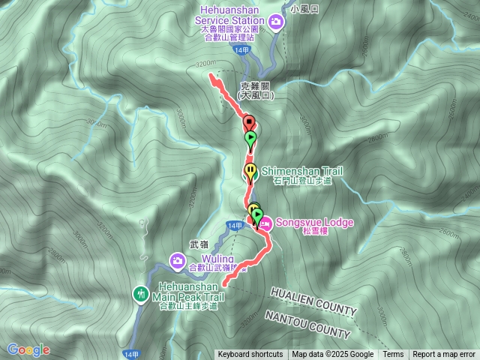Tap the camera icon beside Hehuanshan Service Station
276,22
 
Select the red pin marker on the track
248,121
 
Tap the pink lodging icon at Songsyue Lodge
267,222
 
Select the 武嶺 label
199,244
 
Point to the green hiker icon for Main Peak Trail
140,294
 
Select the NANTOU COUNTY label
307,324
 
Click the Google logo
28,349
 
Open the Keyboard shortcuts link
250,355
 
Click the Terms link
393,355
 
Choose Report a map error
444,355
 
